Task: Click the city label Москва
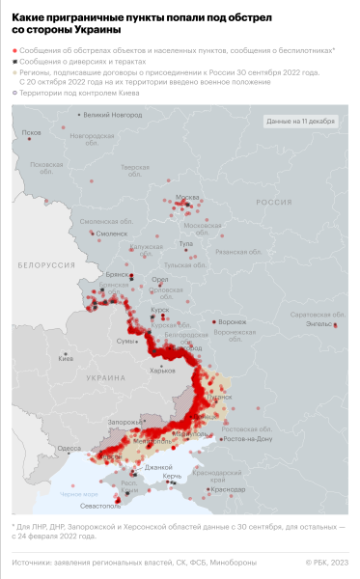185,198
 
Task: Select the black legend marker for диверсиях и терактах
15,60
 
